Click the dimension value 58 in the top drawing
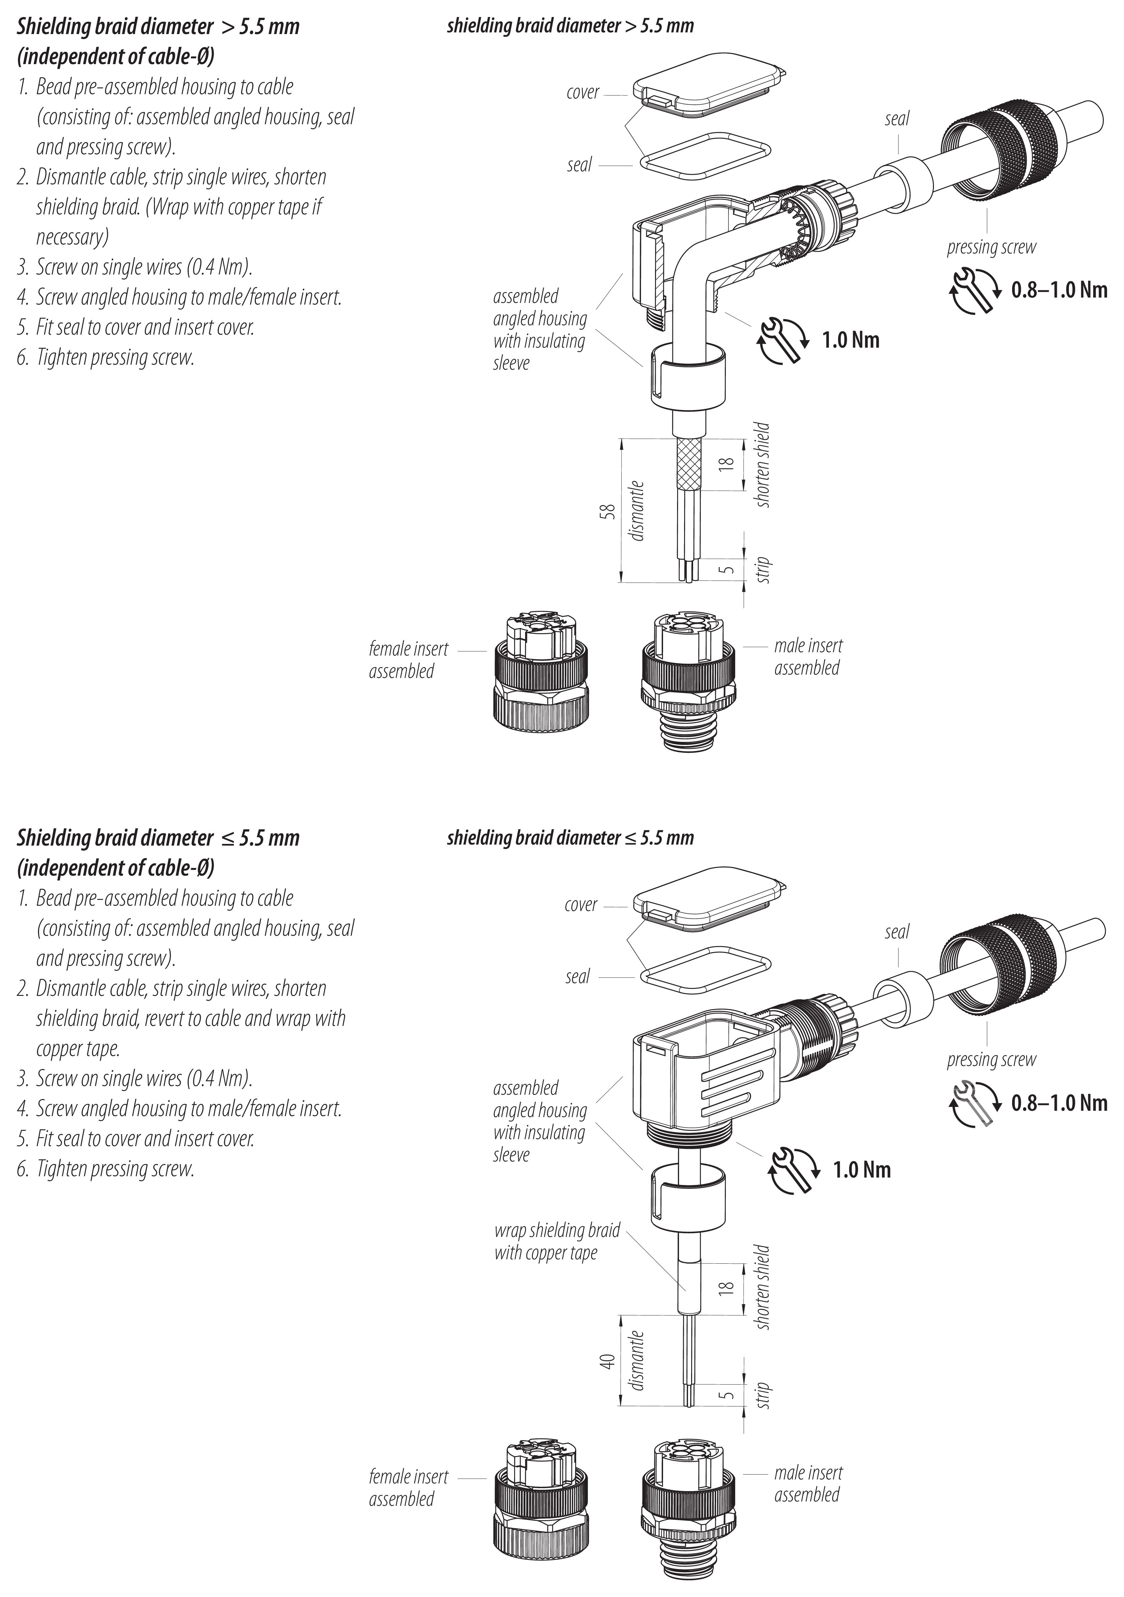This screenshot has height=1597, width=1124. tap(608, 511)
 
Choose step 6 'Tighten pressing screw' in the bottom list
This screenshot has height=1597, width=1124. tap(115, 1169)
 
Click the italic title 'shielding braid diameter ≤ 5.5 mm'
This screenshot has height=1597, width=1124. tap(570, 838)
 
